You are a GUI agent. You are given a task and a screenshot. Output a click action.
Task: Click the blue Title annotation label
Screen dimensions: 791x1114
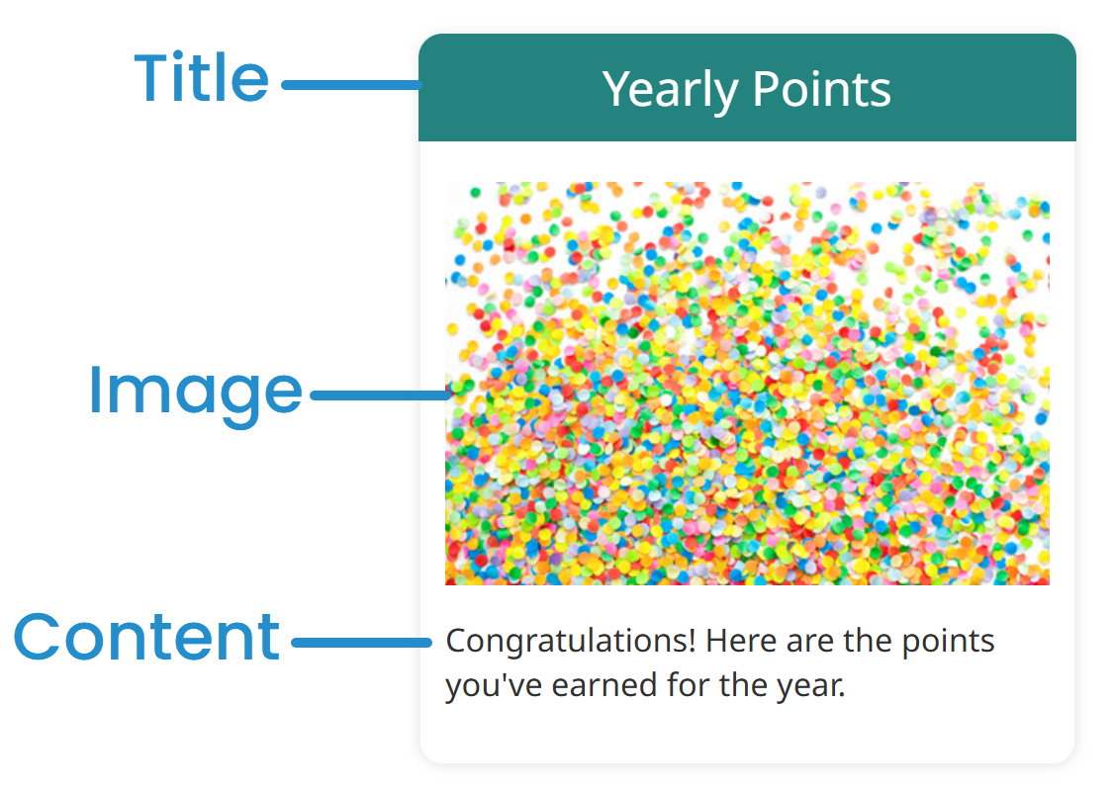tap(202, 78)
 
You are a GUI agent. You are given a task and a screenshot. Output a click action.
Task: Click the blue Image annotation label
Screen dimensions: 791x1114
tap(195, 391)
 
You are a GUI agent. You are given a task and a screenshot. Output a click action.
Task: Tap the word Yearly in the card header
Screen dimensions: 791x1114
tap(670, 90)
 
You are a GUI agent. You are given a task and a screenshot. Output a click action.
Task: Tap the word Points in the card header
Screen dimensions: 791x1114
tap(821, 89)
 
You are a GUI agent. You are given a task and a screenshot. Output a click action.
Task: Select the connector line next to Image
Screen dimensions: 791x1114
tap(379, 395)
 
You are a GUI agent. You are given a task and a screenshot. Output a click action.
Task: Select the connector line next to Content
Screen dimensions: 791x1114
tap(361, 642)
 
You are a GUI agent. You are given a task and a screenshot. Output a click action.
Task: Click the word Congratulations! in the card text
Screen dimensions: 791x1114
tap(569, 642)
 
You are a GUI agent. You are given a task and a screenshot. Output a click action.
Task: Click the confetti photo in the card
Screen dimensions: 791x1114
tap(747, 383)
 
